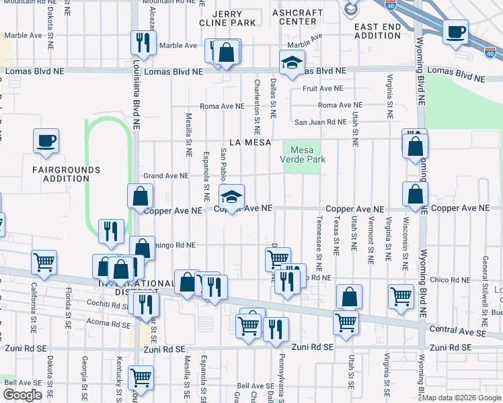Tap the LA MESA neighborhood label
click(250, 142)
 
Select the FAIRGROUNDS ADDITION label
click(66, 175)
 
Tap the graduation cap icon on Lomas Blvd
click(292, 64)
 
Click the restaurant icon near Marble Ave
click(143, 42)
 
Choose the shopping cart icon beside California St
click(44, 263)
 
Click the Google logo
click(22, 394)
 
